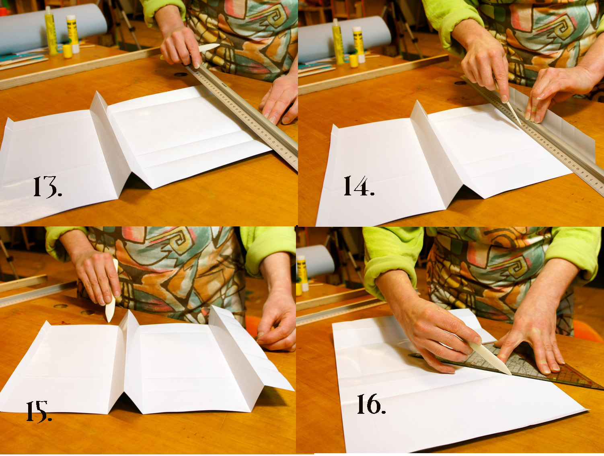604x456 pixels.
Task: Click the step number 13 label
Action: point(47,187)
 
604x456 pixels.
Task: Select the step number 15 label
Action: point(39,411)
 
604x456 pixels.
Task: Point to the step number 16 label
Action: point(371,404)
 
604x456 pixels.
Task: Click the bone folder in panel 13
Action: point(209,47)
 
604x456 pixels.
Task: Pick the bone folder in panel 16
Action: point(490,357)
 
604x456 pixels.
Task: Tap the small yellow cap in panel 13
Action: point(67,51)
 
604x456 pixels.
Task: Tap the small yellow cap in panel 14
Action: point(354,61)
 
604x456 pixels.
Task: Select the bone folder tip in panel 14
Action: point(521,125)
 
